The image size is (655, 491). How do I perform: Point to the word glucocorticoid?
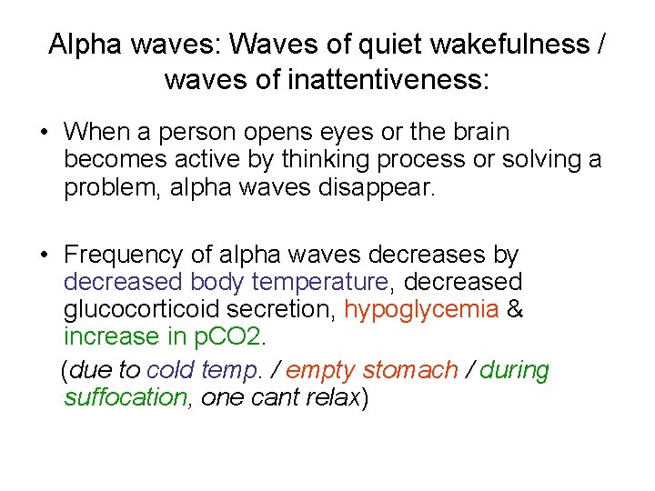click(x=146, y=309)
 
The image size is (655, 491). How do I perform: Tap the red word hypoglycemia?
click(x=421, y=309)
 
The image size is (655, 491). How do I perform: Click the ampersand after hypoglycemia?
click(x=514, y=309)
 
